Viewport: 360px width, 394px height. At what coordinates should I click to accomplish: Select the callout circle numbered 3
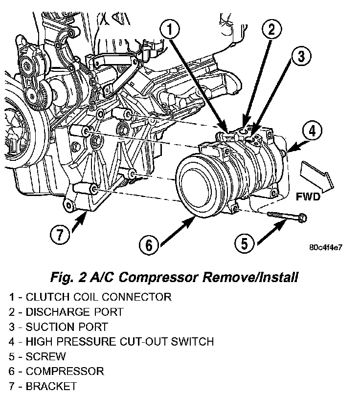(x=300, y=57)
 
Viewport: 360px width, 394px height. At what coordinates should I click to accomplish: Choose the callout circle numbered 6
(x=149, y=244)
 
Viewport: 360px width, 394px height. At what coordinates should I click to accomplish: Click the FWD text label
(x=308, y=197)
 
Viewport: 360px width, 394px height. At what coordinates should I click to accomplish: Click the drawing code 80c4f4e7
(x=326, y=247)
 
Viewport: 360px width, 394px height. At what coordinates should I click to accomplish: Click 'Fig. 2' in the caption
(x=68, y=277)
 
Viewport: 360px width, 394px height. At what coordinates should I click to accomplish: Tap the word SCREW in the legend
(x=45, y=356)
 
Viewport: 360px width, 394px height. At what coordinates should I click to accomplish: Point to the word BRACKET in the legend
(x=51, y=386)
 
